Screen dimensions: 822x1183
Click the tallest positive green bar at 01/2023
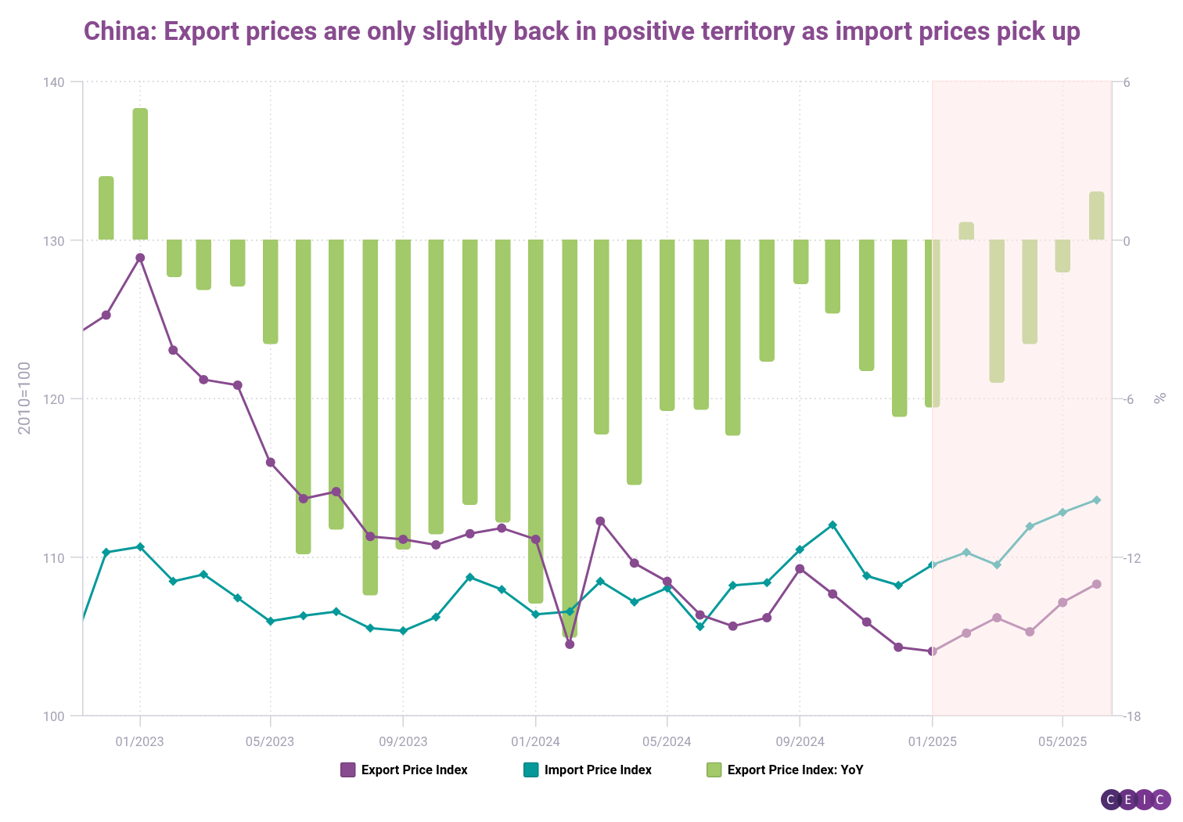(x=140, y=174)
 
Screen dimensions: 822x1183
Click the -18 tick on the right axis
(x=1132, y=716)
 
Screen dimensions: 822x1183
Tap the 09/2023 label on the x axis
(x=403, y=741)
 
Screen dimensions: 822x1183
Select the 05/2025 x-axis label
(x=1062, y=741)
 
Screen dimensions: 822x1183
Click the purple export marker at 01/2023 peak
(x=140, y=258)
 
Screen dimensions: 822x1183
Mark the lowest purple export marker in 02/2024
(x=570, y=644)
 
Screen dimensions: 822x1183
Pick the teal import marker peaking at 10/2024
(x=832, y=525)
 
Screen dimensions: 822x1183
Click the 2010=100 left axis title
(x=24, y=398)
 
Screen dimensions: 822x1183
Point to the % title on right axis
(x=1160, y=398)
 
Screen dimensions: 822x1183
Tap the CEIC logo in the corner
(x=1135, y=799)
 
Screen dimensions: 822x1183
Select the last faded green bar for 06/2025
(x=1096, y=215)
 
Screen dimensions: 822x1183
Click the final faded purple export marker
(x=1096, y=584)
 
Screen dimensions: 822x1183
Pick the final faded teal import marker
(x=1096, y=499)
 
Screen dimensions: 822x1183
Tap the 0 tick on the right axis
(x=1127, y=240)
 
